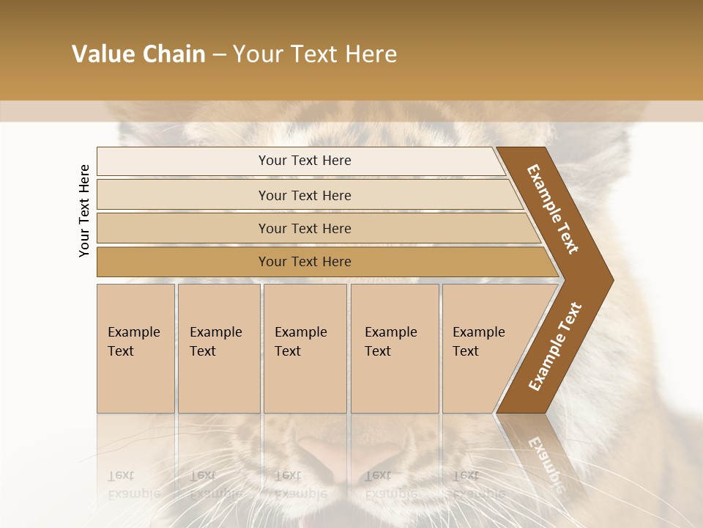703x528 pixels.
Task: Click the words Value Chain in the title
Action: pyautogui.click(x=138, y=54)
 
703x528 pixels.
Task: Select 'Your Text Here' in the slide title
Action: pyautogui.click(x=315, y=54)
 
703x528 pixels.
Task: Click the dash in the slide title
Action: pyautogui.click(x=219, y=55)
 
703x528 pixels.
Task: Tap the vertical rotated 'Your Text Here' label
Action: pyautogui.click(x=85, y=210)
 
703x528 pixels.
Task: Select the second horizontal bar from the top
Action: pyautogui.click(x=305, y=195)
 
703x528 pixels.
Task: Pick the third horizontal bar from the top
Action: pyautogui.click(x=305, y=228)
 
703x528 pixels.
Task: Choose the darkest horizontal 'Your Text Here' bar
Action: pyautogui.click(x=305, y=262)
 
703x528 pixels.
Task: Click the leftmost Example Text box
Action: pyautogui.click(x=135, y=348)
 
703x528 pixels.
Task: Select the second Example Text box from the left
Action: pyautogui.click(x=219, y=348)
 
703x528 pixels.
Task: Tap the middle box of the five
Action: pyautogui.click(x=305, y=348)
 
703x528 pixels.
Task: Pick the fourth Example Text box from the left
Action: pyautogui.click(x=395, y=348)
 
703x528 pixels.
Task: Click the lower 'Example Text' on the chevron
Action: pyautogui.click(x=555, y=346)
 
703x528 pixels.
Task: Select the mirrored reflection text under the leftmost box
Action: pyautogui.click(x=130, y=484)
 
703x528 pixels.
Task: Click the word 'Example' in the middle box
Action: pyautogui.click(x=300, y=332)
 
